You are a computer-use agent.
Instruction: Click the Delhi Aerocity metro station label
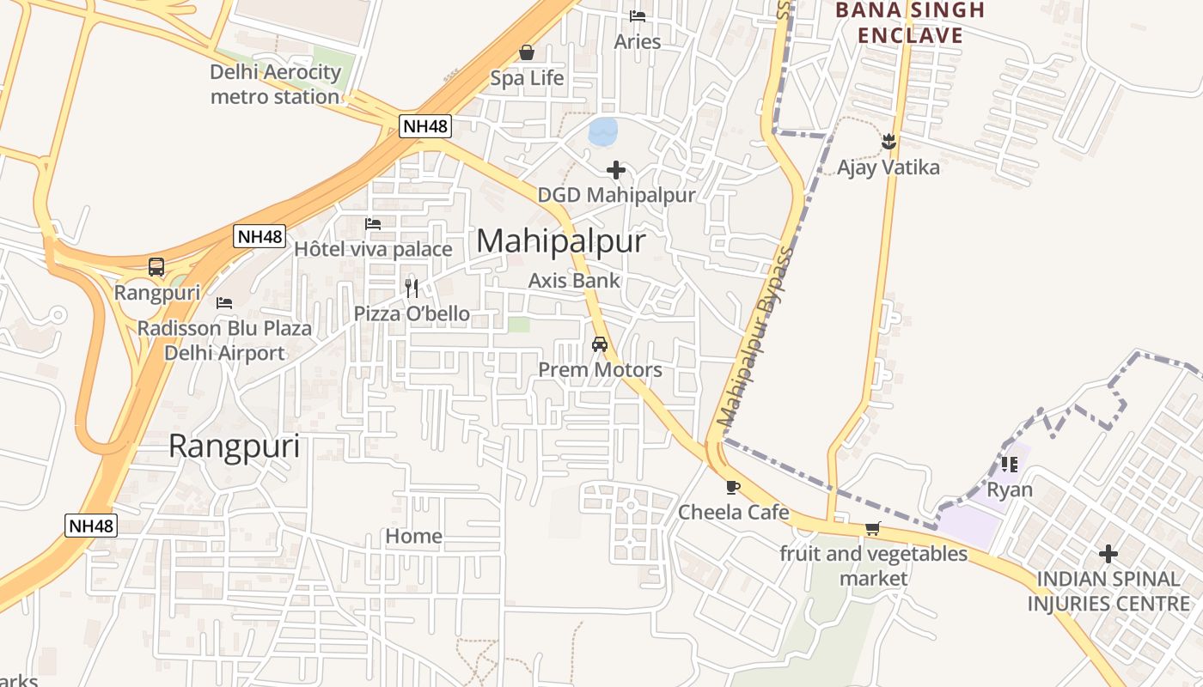coord(275,84)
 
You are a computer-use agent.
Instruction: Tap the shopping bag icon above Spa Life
coord(527,53)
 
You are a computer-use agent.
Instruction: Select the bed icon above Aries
coord(638,16)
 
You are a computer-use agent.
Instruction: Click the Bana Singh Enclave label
coord(909,23)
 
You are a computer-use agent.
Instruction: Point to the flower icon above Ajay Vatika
coord(889,142)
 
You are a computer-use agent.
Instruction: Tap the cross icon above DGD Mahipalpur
coord(616,170)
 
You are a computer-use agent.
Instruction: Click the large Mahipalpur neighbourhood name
coord(560,241)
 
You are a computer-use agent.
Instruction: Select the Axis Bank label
coord(574,280)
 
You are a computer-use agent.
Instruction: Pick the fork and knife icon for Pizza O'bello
coord(412,288)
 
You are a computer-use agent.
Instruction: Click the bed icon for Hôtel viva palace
coord(373,224)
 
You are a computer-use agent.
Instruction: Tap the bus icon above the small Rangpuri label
coord(156,267)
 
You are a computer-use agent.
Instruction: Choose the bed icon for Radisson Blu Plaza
coord(224,303)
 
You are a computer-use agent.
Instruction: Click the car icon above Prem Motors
coord(600,344)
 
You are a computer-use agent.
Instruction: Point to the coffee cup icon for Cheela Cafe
coord(732,488)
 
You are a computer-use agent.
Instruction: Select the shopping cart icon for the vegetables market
coord(873,529)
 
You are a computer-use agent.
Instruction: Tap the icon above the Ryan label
coord(1009,465)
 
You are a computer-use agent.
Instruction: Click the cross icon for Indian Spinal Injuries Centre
coord(1108,554)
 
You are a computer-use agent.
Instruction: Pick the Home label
coord(413,537)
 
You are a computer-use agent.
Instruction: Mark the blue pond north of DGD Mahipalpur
coord(603,131)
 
